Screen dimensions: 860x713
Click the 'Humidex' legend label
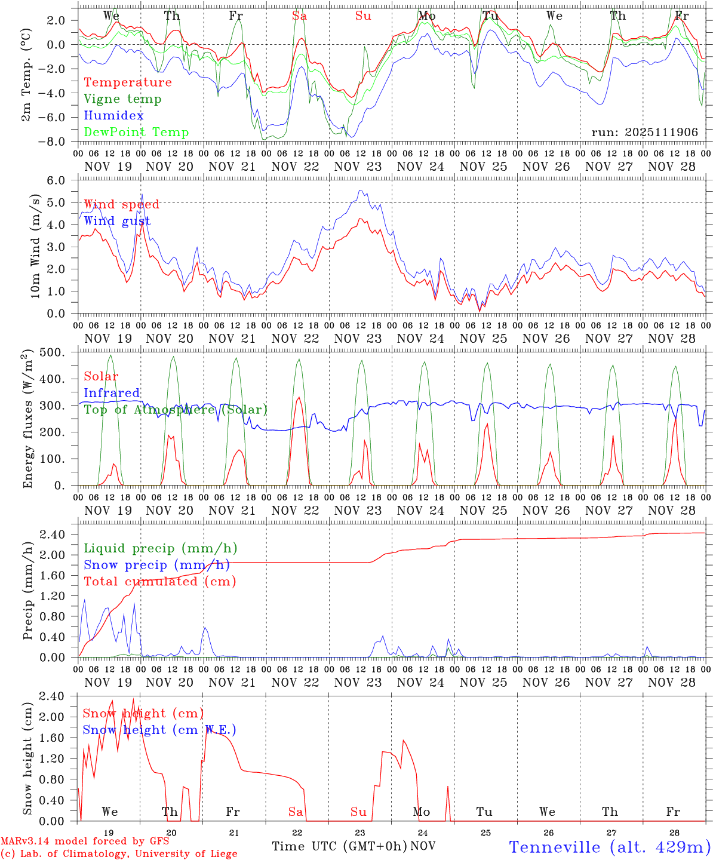click(x=114, y=116)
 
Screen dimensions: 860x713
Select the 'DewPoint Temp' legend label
click(x=136, y=133)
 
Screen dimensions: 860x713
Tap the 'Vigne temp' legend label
click(x=122, y=99)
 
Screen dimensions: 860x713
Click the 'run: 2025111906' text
click(x=644, y=133)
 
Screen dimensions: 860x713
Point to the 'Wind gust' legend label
click(x=117, y=222)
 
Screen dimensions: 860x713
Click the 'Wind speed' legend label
click(x=122, y=205)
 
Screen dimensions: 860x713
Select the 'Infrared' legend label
click(x=112, y=393)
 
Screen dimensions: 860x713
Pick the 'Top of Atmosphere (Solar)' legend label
click(x=176, y=410)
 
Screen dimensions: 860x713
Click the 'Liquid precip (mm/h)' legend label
click(x=160, y=548)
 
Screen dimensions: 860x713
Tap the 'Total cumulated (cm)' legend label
click(x=160, y=582)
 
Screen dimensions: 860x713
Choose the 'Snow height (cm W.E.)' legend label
click(x=159, y=730)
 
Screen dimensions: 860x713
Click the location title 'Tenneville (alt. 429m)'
click(x=610, y=847)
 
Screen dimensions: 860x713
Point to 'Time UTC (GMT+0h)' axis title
click(x=340, y=846)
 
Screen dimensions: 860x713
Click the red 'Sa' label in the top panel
click(x=300, y=16)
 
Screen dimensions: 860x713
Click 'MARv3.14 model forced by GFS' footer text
click(x=85, y=841)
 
